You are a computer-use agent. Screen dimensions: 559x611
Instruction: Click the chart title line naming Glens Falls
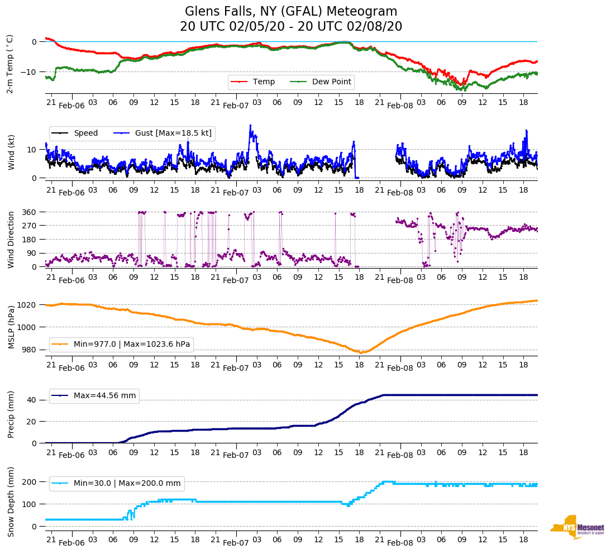[291, 12]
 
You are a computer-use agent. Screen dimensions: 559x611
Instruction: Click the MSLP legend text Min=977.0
[132, 344]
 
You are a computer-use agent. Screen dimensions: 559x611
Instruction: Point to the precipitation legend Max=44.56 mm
[104, 395]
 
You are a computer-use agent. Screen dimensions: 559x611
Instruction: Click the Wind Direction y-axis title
[11, 240]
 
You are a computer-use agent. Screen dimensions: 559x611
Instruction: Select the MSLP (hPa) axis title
[11, 327]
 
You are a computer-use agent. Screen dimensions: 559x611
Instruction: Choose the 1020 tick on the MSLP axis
[27, 305]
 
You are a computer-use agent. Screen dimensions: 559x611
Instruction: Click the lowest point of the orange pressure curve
[361, 352]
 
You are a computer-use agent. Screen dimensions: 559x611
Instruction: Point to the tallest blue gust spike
[251, 126]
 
